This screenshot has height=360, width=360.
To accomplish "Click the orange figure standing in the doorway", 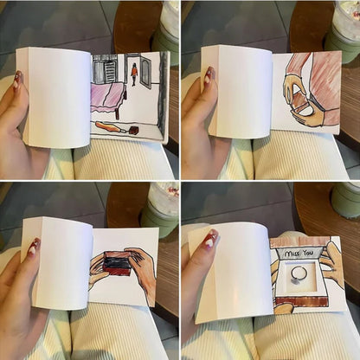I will (134, 73).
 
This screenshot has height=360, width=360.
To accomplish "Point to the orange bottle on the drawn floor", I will (111, 128).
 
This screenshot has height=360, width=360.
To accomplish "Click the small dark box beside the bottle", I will (132, 131).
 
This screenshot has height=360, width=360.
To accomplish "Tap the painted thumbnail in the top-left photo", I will (17, 80).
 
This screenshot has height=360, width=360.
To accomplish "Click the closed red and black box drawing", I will (117, 261).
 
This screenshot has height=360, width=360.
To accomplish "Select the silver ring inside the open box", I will (299, 275).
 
